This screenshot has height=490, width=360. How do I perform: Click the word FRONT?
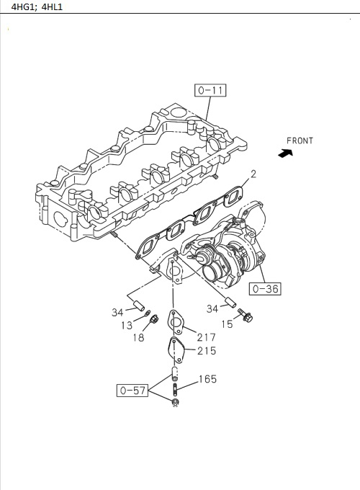pos(300,141)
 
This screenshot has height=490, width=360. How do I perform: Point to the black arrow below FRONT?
pos(286,153)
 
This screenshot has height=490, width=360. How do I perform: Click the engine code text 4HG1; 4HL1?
pos(32,6)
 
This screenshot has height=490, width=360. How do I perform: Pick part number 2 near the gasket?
pos(253,174)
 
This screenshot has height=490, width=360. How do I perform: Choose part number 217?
pos(206,337)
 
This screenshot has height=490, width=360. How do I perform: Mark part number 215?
pos(206,351)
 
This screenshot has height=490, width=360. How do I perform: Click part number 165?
pos(207,379)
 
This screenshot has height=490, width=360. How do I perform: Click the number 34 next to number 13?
pos(118,312)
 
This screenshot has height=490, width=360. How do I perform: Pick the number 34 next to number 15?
pos(212,310)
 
